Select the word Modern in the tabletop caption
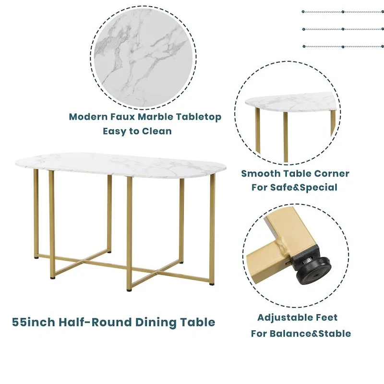87,117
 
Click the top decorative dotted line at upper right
343,12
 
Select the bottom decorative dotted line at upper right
343,47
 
